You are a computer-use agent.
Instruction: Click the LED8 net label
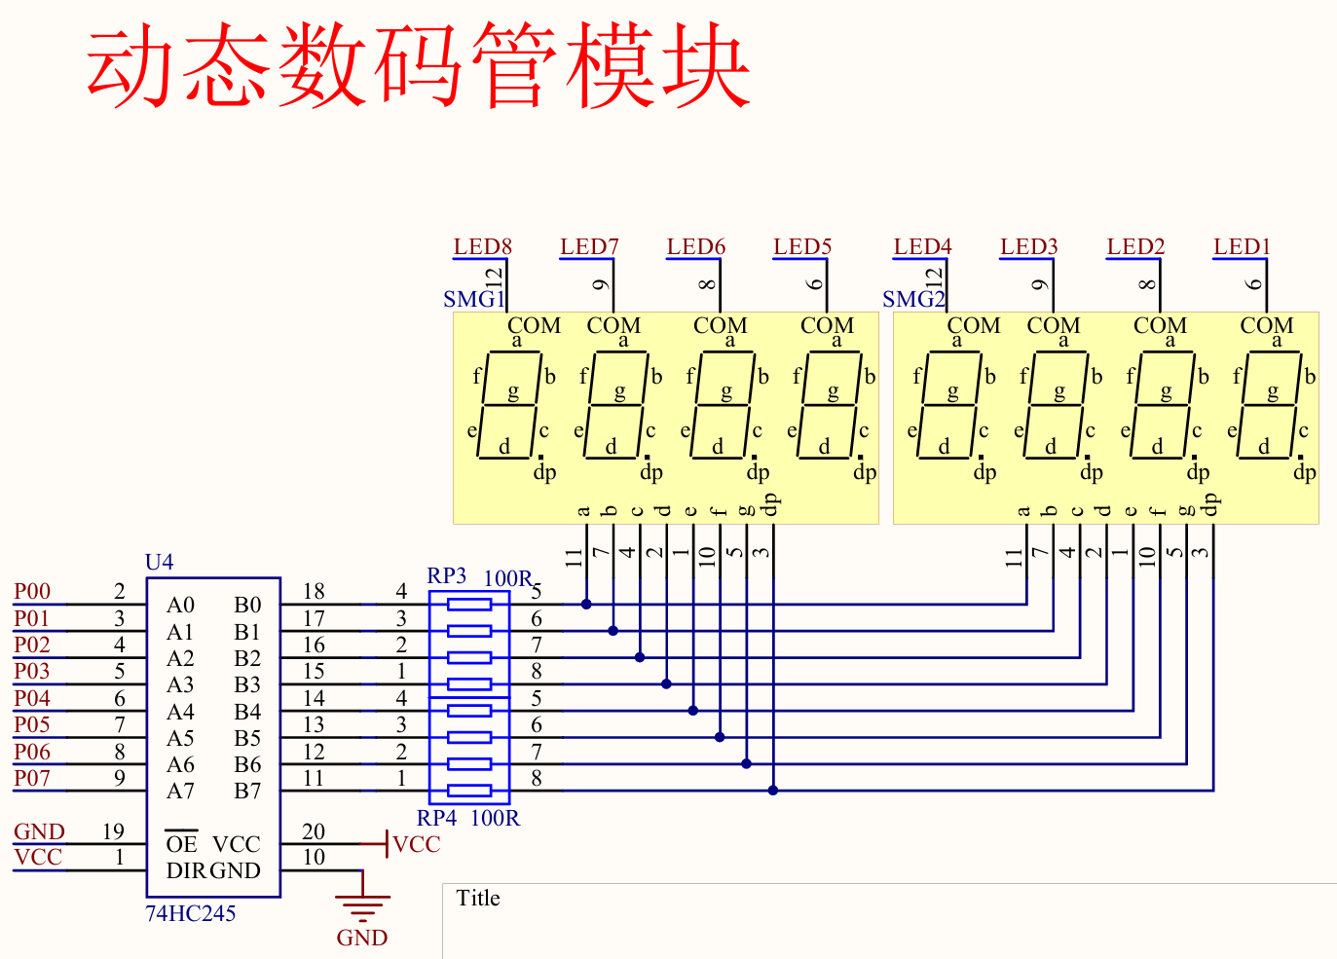click(x=482, y=246)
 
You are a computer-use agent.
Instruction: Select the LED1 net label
click(x=1242, y=246)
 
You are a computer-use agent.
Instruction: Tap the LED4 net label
click(x=922, y=246)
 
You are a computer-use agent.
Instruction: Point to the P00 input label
click(x=32, y=591)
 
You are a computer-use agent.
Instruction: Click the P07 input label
click(x=32, y=778)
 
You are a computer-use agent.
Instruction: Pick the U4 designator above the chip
click(x=159, y=562)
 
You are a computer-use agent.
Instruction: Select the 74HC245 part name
click(x=191, y=913)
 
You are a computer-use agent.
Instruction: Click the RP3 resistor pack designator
click(x=447, y=575)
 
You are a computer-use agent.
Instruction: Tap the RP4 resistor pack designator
click(x=437, y=818)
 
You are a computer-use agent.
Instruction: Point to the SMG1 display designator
click(x=472, y=299)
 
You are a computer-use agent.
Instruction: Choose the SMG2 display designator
click(x=912, y=299)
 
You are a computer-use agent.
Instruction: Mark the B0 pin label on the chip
click(x=247, y=606)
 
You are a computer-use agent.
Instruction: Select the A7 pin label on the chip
click(x=180, y=791)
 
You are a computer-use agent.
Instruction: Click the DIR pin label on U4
click(x=186, y=870)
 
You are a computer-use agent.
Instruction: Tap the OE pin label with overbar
click(x=181, y=844)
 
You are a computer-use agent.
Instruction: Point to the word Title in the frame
click(x=478, y=898)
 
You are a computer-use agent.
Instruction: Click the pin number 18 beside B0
click(x=314, y=591)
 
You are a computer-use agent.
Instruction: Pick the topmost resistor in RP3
click(x=469, y=605)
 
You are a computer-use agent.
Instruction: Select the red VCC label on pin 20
click(x=417, y=844)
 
